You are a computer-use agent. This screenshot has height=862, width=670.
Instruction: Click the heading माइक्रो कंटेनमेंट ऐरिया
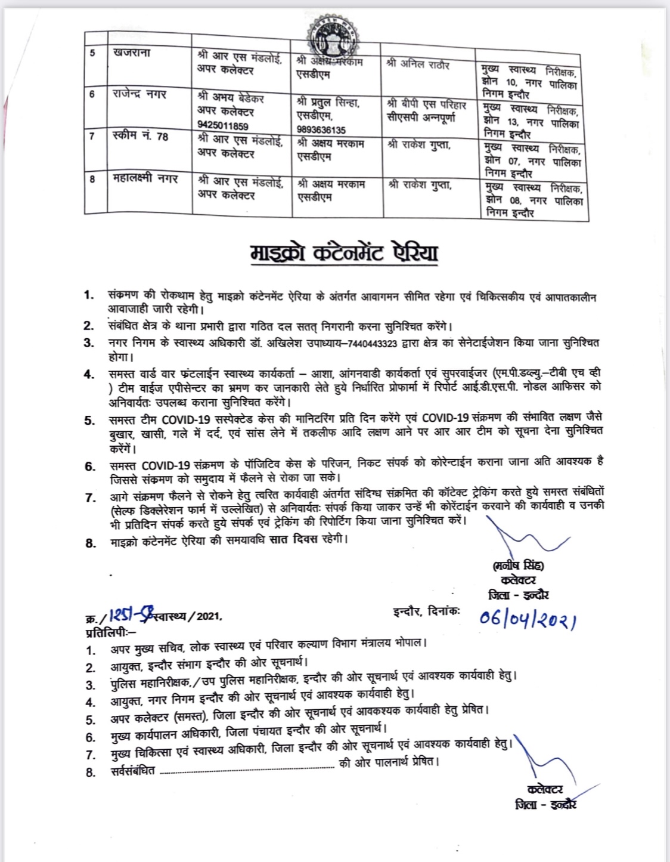pos(344,254)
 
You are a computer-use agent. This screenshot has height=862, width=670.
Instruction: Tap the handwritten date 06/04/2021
pos(528,618)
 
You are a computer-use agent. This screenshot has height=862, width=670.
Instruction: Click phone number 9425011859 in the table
pos(223,126)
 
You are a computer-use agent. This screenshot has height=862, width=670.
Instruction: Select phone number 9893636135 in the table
pos(321,129)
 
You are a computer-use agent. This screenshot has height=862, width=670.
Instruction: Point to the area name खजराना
pos(132,53)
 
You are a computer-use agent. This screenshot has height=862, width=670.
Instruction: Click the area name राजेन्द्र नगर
pos(139,94)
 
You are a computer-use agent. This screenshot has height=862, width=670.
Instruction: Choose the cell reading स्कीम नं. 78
pos(141,136)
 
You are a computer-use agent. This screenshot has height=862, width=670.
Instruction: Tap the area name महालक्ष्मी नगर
pos(145,178)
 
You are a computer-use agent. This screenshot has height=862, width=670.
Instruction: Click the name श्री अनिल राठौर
pos(418,64)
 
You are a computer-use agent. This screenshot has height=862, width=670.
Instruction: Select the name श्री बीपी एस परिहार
pos(426,104)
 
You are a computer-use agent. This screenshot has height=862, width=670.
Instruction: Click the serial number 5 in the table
pos(92,53)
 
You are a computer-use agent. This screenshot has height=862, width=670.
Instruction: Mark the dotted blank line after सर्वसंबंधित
pos(247,771)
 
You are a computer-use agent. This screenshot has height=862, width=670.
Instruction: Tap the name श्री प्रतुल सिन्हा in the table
pos(328,103)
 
